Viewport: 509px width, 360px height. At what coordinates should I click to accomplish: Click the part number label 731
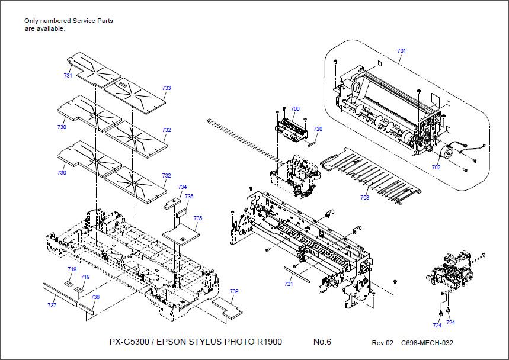[x=68, y=76]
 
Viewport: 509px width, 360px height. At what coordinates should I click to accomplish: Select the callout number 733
[x=167, y=88]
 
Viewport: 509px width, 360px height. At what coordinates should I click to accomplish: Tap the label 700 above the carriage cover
[x=295, y=109]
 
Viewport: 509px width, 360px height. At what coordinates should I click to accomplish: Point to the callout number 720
[x=318, y=128]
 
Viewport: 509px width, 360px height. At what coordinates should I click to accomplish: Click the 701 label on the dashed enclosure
[x=402, y=51]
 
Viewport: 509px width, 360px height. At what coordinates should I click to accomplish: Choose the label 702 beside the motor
[x=436, y=168]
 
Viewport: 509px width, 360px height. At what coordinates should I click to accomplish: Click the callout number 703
[x=364, y=197]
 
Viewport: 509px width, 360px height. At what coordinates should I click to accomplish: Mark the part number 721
[x=289, y=284]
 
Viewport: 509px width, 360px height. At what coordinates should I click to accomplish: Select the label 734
[x=183, y=187]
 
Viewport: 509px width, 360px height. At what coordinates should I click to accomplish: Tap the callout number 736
[x=189, y=197]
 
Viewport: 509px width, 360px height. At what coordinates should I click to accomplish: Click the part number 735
[x=198, y=218]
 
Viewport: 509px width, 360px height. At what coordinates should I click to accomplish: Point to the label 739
[x=234, y=291]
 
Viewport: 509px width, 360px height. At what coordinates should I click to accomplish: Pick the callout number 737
[x=52, y=305]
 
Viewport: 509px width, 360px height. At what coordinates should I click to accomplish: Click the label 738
[x=95, y=297]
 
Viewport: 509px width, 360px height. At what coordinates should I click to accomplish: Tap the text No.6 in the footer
[x=322, y=342]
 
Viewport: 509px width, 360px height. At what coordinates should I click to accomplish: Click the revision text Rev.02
[x=382, y=343]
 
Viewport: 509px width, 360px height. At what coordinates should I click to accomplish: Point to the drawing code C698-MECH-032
[x=427, y=343]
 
